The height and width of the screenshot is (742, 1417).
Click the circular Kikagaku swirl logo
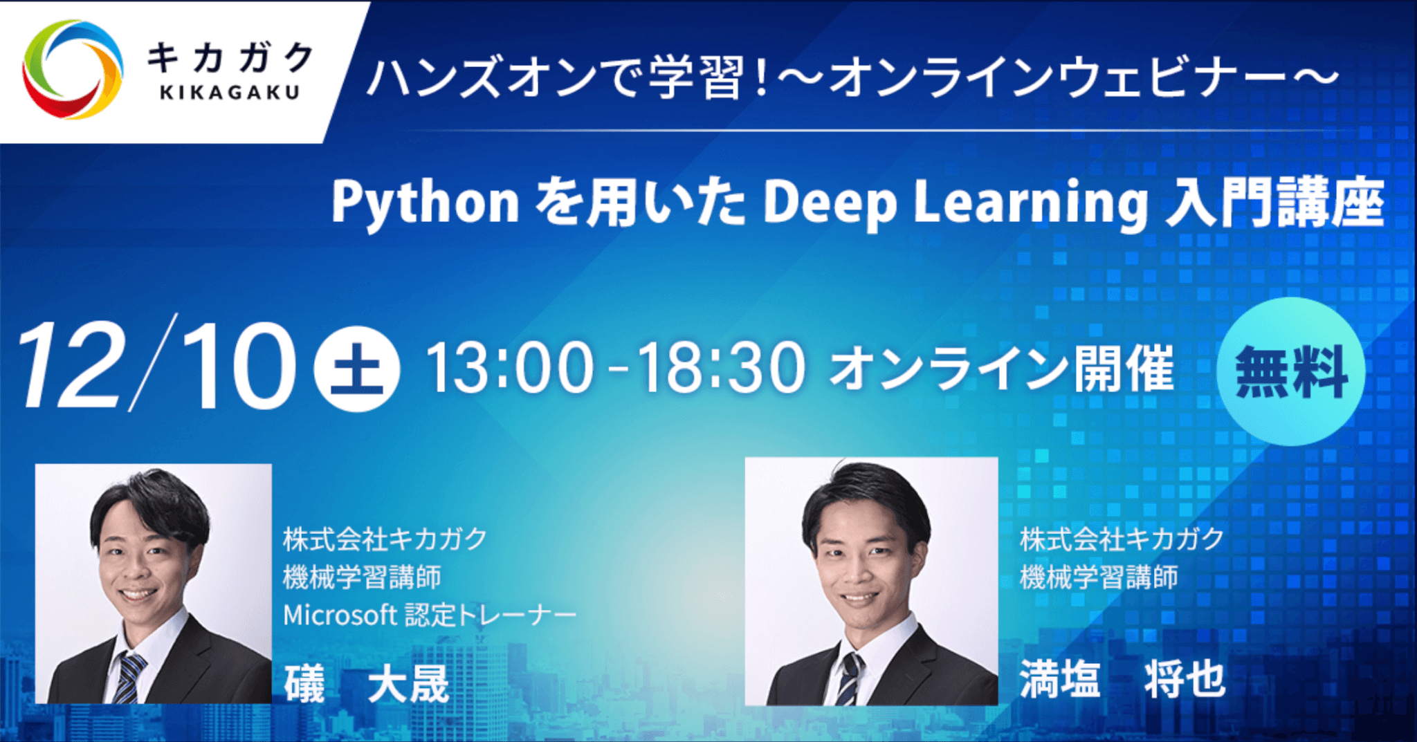pos(73,69)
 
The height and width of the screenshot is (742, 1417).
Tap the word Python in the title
pos(425,203)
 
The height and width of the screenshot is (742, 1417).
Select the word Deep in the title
pos(830,203)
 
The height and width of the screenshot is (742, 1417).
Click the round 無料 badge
pos(1290,371)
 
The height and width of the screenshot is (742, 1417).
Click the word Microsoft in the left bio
pos(339,615)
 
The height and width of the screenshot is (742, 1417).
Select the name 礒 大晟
pos(367,683)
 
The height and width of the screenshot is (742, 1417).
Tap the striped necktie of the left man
pos(129,674)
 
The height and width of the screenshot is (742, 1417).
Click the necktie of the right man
pos(849,678)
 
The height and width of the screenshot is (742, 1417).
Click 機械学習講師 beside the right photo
pos(1099,577)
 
